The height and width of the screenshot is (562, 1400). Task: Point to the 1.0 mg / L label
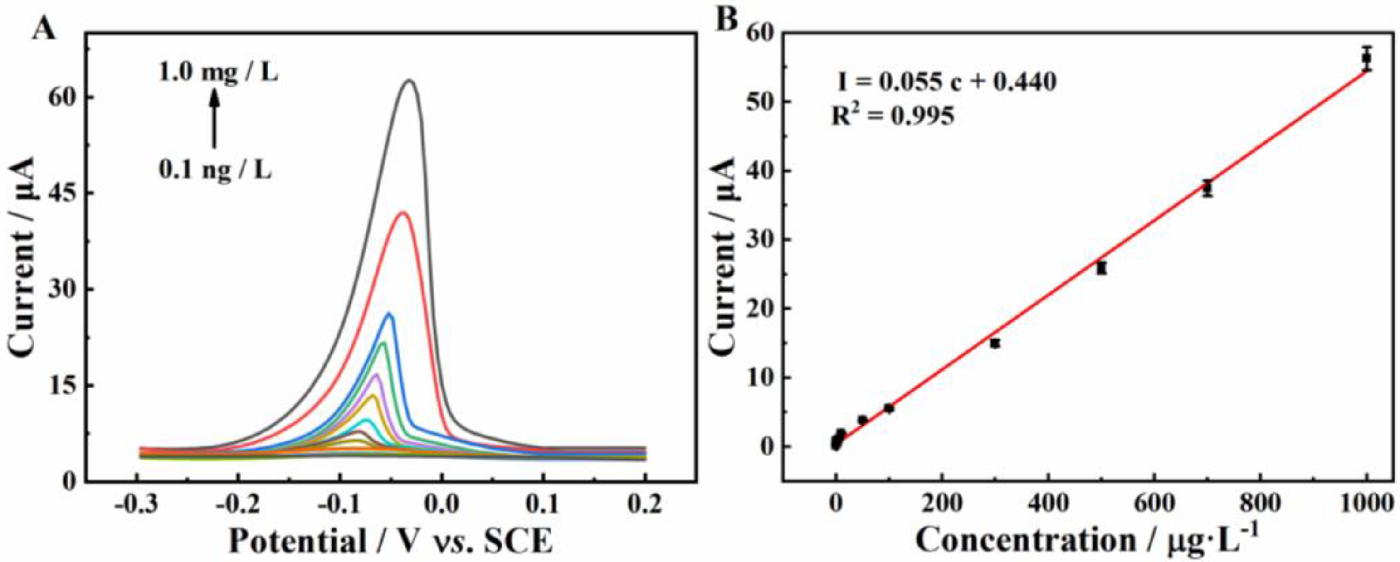tap(219, 72)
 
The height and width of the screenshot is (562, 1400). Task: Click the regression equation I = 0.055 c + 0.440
tap(946, 82)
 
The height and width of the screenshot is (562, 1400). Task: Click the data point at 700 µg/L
tap(1208, 189)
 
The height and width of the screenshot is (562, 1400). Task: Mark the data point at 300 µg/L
tap(995, 343)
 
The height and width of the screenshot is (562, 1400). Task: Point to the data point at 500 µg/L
tap(1102, 268)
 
